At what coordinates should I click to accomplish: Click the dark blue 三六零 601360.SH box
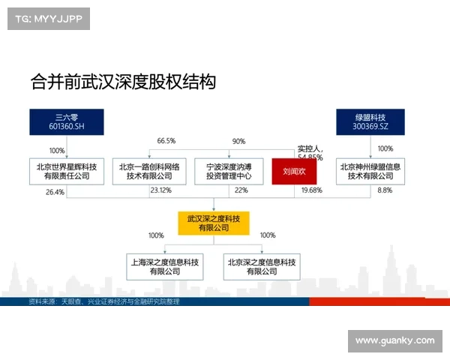pos(66,121)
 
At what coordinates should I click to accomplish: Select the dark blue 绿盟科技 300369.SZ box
pos(370,121)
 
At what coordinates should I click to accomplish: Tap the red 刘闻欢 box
pos(294,171)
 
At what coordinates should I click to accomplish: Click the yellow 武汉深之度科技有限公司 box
pos(214,222)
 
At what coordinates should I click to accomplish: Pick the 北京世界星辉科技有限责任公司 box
pos(66,171)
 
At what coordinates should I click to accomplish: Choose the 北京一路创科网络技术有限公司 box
pos(149,171)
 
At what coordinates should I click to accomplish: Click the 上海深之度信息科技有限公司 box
pos(164,267)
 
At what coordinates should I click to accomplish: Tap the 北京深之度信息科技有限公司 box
pos(261,267)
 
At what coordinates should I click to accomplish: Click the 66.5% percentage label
pos(166,141)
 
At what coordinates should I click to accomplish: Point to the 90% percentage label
pos(238,141)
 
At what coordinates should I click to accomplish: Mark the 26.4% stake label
pos(55,192)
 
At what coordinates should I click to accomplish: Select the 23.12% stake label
pos(160,190)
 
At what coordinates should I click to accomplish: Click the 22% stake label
pos(241,190)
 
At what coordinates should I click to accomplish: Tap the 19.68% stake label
pos(311,190)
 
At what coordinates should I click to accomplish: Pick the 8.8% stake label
pos(384,190)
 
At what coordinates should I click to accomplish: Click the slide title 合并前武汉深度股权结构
pos(123,81)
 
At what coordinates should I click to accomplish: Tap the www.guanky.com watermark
pos(394,340)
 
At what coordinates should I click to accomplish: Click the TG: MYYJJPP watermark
pos(48,19)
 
